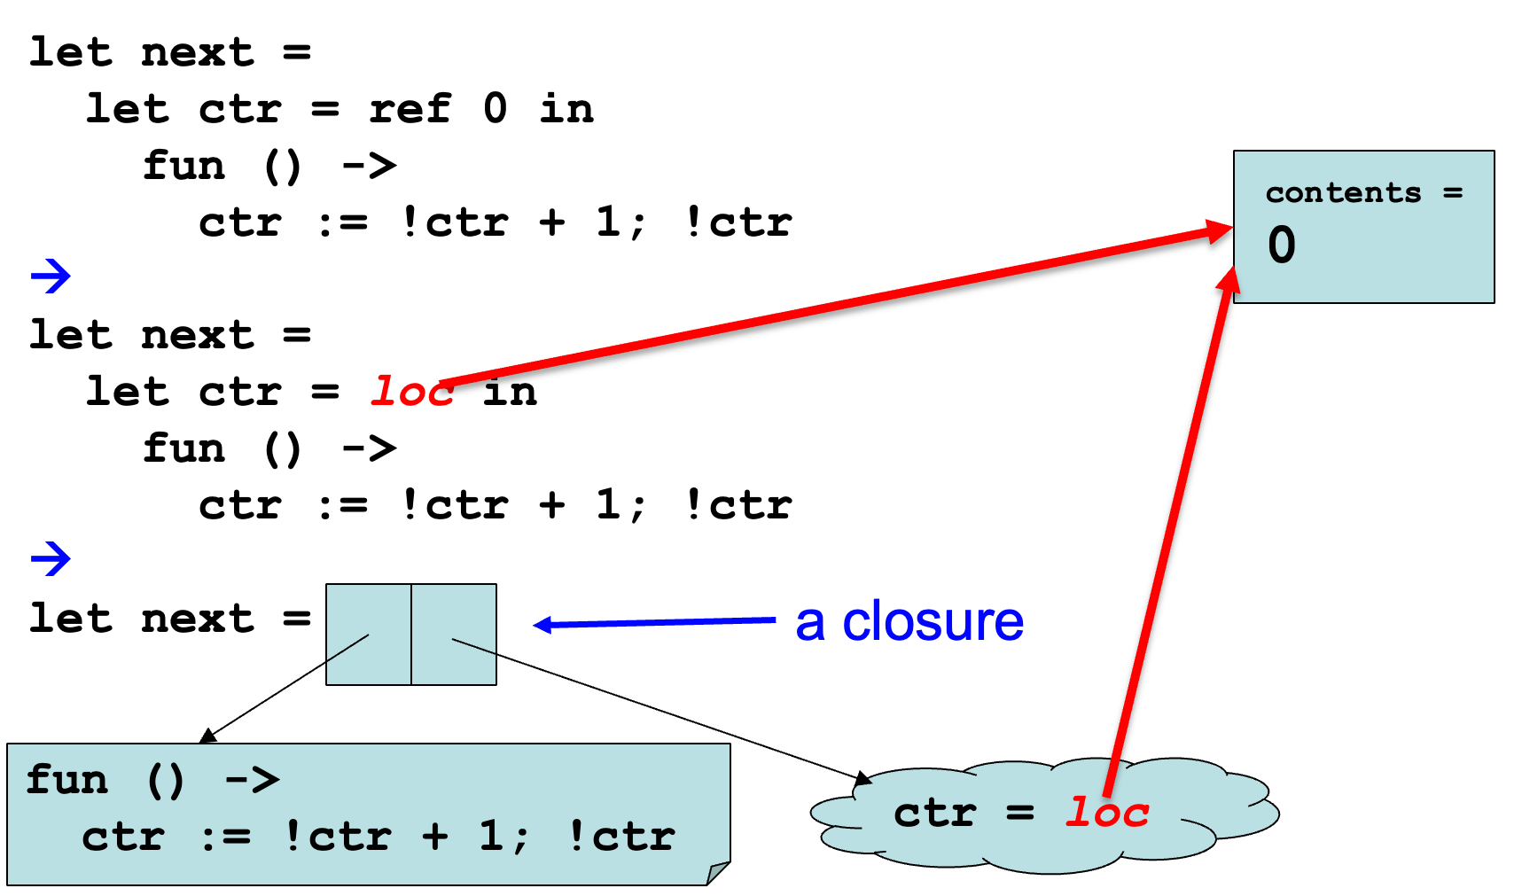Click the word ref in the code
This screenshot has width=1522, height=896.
(x=410, y=110)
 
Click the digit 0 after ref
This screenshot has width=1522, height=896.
(x=496, y=110)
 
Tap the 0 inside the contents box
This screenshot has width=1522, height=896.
(x=1281, y=245)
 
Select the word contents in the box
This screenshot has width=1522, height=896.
(x=1342, y=192)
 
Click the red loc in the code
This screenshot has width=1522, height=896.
(x=410, y=392)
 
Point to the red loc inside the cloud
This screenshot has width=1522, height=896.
(x=1107, y=813)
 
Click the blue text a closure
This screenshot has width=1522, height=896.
(x=909, y=621)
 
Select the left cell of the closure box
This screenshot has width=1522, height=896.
(x=368, y=634)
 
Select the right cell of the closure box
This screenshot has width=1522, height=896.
(x=454, y=634)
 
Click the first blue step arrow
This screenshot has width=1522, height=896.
(x=51, y=277)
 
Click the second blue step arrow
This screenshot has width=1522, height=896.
(x=51, y=559)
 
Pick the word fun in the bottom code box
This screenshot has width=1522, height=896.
(x=67, y=781)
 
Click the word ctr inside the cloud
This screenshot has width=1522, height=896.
(x=935, y=813)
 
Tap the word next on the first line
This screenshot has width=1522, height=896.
(x=198, y=53)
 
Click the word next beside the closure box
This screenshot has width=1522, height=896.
(x=198, y=619)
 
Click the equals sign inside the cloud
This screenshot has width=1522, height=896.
(x=1020, y=813)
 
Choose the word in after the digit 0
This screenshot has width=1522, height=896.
(x=566, y=110)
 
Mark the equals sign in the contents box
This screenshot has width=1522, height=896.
(x=1453, y=192)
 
